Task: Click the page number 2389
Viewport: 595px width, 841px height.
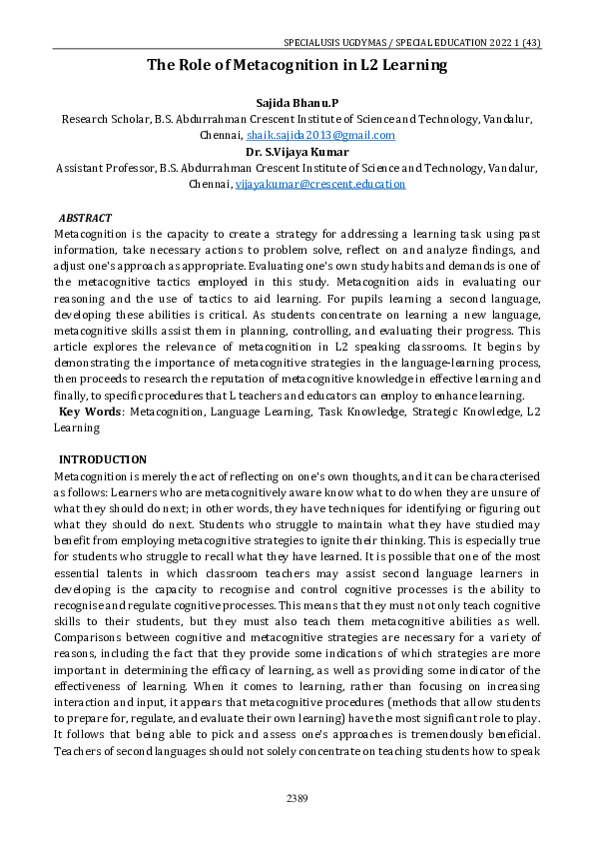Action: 297,798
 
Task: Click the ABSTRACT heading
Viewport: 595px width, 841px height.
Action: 85,217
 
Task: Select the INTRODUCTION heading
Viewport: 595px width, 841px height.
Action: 103,459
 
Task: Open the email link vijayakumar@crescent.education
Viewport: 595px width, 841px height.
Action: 319,184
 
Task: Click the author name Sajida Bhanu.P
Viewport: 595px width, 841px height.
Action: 297,102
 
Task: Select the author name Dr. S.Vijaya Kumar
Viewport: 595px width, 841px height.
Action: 297,151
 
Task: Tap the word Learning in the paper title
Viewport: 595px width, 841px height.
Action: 412,65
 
